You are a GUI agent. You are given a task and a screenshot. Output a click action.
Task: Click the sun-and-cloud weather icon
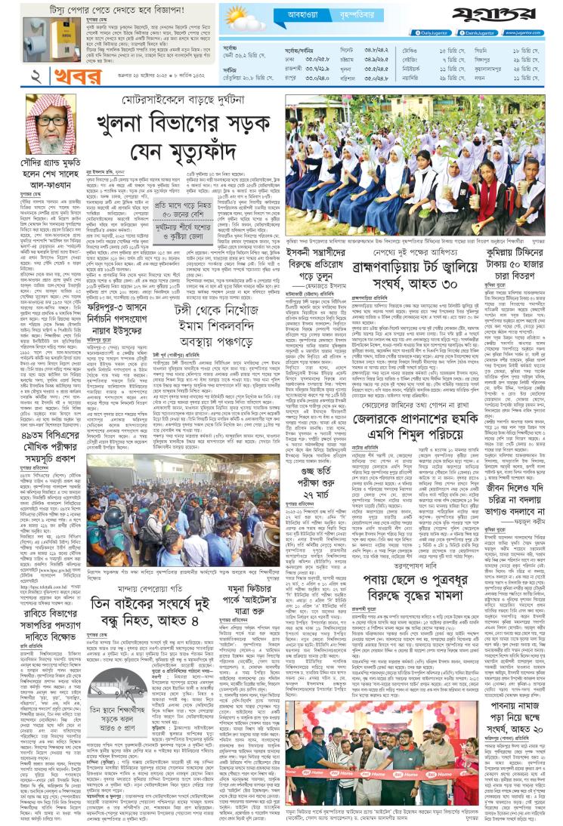240,17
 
